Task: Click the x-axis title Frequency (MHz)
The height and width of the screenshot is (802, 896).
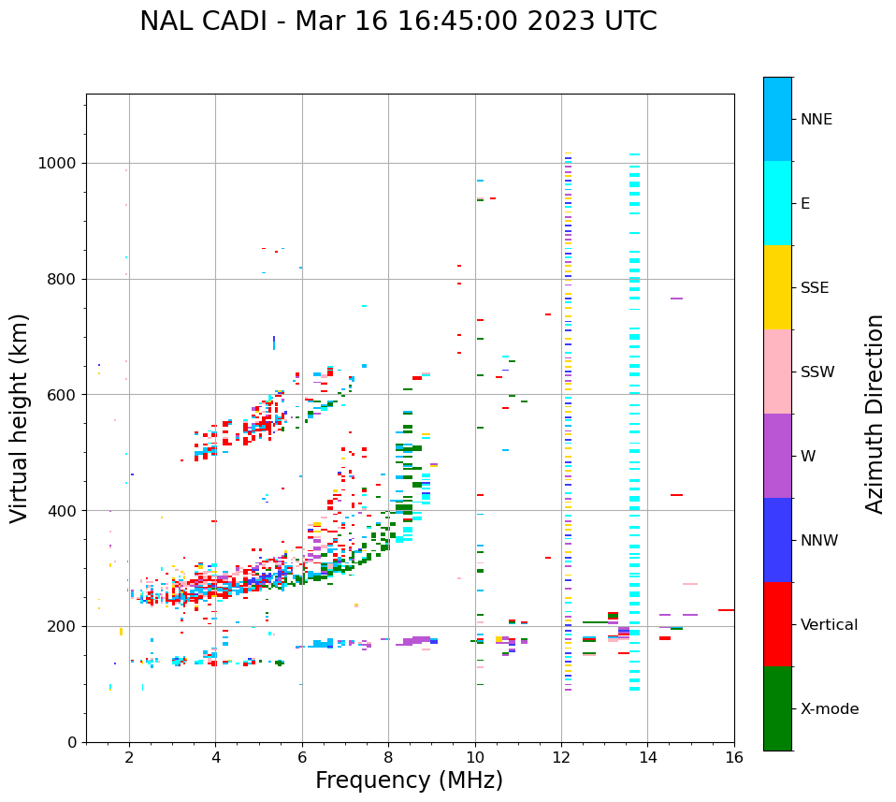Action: [409, 780]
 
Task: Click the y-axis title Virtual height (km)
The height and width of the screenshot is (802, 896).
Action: [20, 417]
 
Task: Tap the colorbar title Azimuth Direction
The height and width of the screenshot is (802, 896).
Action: [874, 414]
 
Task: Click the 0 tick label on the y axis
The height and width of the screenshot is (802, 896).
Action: [71, 742]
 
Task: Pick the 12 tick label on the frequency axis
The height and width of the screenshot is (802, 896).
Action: [561, 757]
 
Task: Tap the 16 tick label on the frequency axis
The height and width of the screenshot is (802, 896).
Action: [734, 757]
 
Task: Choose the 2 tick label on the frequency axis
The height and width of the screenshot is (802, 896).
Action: [129, 757]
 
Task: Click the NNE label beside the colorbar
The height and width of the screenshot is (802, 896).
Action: [816, 120]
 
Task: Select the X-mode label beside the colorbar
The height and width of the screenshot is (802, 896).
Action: [829, 709]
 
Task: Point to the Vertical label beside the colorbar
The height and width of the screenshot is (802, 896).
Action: [829, 625]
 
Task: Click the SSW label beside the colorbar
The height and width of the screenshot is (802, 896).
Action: [817, 372]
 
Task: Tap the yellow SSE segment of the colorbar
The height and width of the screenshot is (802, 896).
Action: [777, 287]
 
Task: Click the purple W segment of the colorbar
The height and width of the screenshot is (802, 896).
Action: [777, 456]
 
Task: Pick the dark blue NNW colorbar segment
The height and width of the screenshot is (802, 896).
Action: [777, 540]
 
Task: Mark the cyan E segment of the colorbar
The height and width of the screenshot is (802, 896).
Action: [777, 203]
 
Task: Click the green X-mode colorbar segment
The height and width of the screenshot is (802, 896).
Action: [777, 708]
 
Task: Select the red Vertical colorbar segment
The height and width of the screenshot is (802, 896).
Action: [777, 624]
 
